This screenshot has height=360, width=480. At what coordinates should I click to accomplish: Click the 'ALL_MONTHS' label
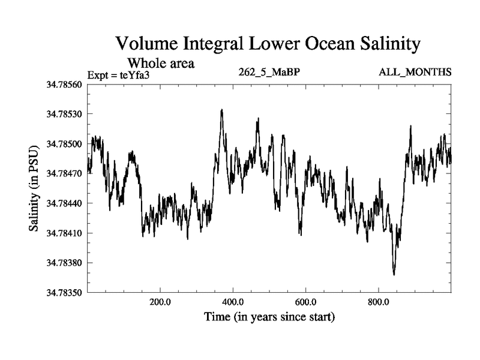click(415, 73)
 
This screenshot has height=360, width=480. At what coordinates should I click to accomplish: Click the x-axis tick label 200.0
click(160, 302)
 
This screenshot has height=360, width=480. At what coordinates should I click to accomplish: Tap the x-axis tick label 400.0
click(233, 302)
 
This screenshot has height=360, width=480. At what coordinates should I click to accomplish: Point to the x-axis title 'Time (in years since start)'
click(269, 316)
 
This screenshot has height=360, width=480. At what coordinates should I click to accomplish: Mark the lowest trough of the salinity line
click(394, 274)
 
